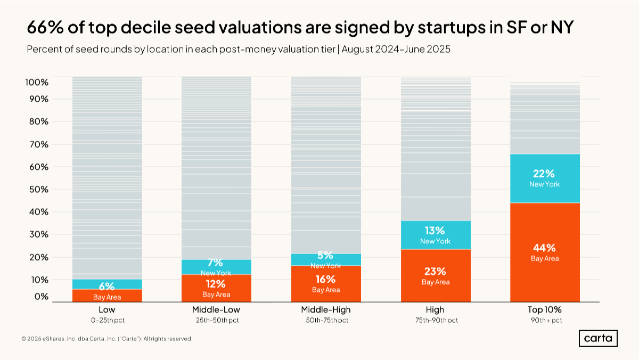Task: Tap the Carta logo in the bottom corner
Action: [x=598, y=338]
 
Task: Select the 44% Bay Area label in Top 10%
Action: [x=544, y=248]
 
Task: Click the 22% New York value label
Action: [x=544, y=174]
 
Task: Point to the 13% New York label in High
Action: [x=435, y=231]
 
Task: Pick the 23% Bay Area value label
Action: [x=435, y=271]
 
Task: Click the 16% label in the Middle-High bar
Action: [x=325, y=279]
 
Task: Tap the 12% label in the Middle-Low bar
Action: [x=216, y=283]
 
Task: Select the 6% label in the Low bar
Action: [x=106, y=287]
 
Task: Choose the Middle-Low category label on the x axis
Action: [x=216, y=309]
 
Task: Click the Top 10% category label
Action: [x=544, y=309]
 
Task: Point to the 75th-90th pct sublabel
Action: [x=435, y=320]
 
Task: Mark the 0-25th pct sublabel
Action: [x=106, y=320]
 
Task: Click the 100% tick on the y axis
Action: [x=37, y=83]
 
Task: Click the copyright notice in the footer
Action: [x=106, y=339]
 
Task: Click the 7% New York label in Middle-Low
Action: [x=216, y=263]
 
